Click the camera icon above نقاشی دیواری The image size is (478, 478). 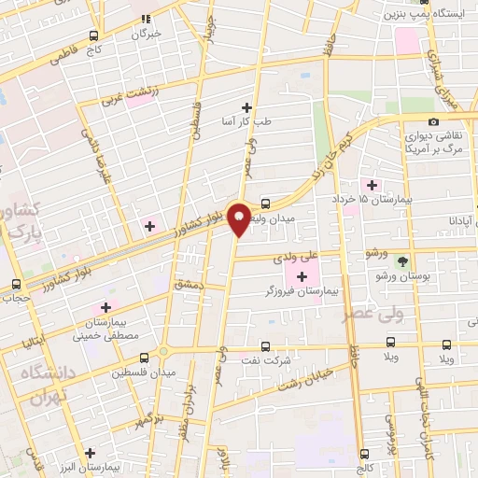coord(433,121)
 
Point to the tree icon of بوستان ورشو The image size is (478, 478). coord(403,262)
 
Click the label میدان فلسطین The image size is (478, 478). coord(144,373)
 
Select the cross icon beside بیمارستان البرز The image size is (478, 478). coord(89,453)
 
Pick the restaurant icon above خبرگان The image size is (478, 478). coord(146,17)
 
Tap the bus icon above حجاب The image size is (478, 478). coord(15,284)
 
